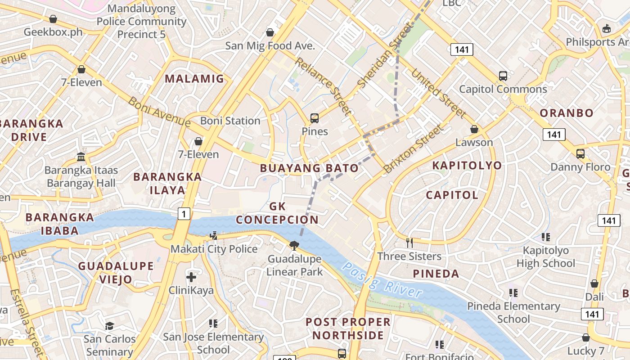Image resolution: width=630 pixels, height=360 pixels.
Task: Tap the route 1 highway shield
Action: tap(184, 214)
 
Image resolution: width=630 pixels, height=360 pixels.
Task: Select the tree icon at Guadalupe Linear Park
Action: tap(294, 245)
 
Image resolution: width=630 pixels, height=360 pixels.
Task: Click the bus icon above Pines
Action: tap(315, 118)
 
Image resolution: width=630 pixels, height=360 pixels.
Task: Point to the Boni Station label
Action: tap(230, 121)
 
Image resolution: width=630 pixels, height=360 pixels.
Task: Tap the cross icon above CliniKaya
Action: tap(191, 277)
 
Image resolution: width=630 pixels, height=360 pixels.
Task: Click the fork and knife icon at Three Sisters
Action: tap(409, 243)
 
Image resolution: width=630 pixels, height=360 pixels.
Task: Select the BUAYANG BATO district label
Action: tap(310, 168)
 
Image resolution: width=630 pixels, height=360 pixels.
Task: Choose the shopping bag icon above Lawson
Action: tap(474, 129)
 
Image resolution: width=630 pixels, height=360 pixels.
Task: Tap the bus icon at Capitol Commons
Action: tap(503, 76)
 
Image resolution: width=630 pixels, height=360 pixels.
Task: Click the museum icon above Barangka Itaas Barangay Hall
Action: tap(81, 157)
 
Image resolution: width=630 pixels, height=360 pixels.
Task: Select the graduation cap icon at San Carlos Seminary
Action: tap(109, 326)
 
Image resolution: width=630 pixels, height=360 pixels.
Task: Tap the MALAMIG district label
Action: tap(194, 79)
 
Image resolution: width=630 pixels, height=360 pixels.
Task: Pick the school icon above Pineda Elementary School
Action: tap(513, 293)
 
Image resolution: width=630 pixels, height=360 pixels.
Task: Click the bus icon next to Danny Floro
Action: tap(580, 154)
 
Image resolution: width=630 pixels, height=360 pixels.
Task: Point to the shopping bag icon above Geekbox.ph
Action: tap(53, 19)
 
